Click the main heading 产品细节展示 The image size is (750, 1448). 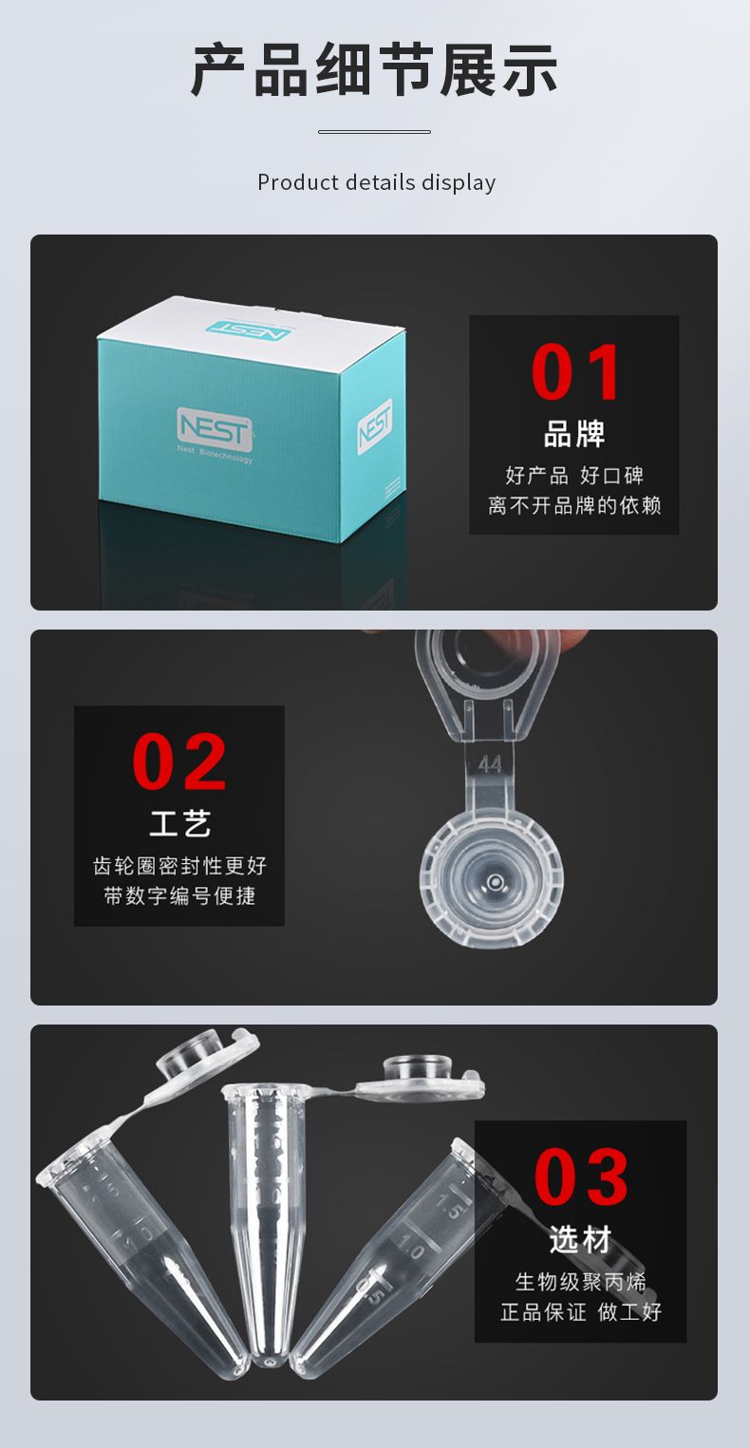click(374, 70)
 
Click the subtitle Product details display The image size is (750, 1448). click(376, 182)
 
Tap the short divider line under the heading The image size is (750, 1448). click(374, 132)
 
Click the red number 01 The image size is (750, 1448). click(574, 371)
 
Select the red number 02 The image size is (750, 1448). click(179, 762)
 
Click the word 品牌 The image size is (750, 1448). click(574, 434)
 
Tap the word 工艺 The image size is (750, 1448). click(179, 823)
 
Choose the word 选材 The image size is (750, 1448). click(580, 1239)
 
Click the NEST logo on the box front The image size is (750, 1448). click(215, 428)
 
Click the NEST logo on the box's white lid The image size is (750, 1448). click(248, 329)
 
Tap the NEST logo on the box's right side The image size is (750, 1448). click(375, 426)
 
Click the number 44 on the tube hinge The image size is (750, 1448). click(490, 764)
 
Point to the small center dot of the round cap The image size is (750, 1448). click(496, 882)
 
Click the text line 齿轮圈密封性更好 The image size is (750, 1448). click(179, 866)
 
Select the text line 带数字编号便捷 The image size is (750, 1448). click(179, 896)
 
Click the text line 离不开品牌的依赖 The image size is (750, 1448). click(574, 505)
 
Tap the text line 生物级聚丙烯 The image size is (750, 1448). click(581, 1281)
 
